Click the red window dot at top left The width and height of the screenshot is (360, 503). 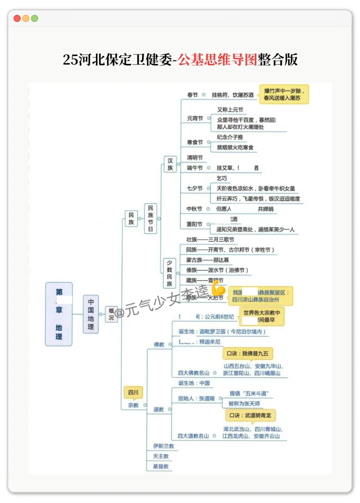pyautogui.click(x=17, y=18)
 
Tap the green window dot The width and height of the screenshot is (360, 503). pyautogui.click(x=34, y=18)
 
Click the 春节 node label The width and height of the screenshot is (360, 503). pyautogui.click(x=192, y=95)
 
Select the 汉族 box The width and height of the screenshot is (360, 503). pyautogui.click(x=170, y=164)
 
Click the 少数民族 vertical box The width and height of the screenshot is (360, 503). pyautogui.click(x=169, y=273)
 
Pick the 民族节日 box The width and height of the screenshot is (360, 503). pyautogui.click(x=150, y=219)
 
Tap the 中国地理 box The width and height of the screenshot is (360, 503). pyautogui.click(x=91, y=314)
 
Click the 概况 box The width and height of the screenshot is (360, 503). pyautogui.click(x=111, y=314)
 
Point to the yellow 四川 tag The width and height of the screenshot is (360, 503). pyautogui.click(x=133, y=392)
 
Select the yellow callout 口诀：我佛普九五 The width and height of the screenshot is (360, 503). pyautogui.click(x=247, y=353)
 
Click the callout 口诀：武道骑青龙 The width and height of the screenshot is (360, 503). pyautogui.click(x=250, y=415)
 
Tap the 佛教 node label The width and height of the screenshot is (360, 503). pyautogui.click(x=159, y=344)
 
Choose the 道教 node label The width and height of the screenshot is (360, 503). pyautogui.click(x=159, y=409)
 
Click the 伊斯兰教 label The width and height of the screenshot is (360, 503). pyautogui.click(x=163, y=446)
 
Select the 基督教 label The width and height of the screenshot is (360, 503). pyautogui.click(x=161, y=466)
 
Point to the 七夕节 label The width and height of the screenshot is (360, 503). pyautogui.click(x=195, y=188)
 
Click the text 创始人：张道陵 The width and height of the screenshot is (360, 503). pyautogui.click(x=196, y=398)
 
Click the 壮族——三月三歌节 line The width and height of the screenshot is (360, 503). pyautogui.click(x=210, y=239)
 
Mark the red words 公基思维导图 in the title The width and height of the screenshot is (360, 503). pyautogui.click(x=217, y=60)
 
